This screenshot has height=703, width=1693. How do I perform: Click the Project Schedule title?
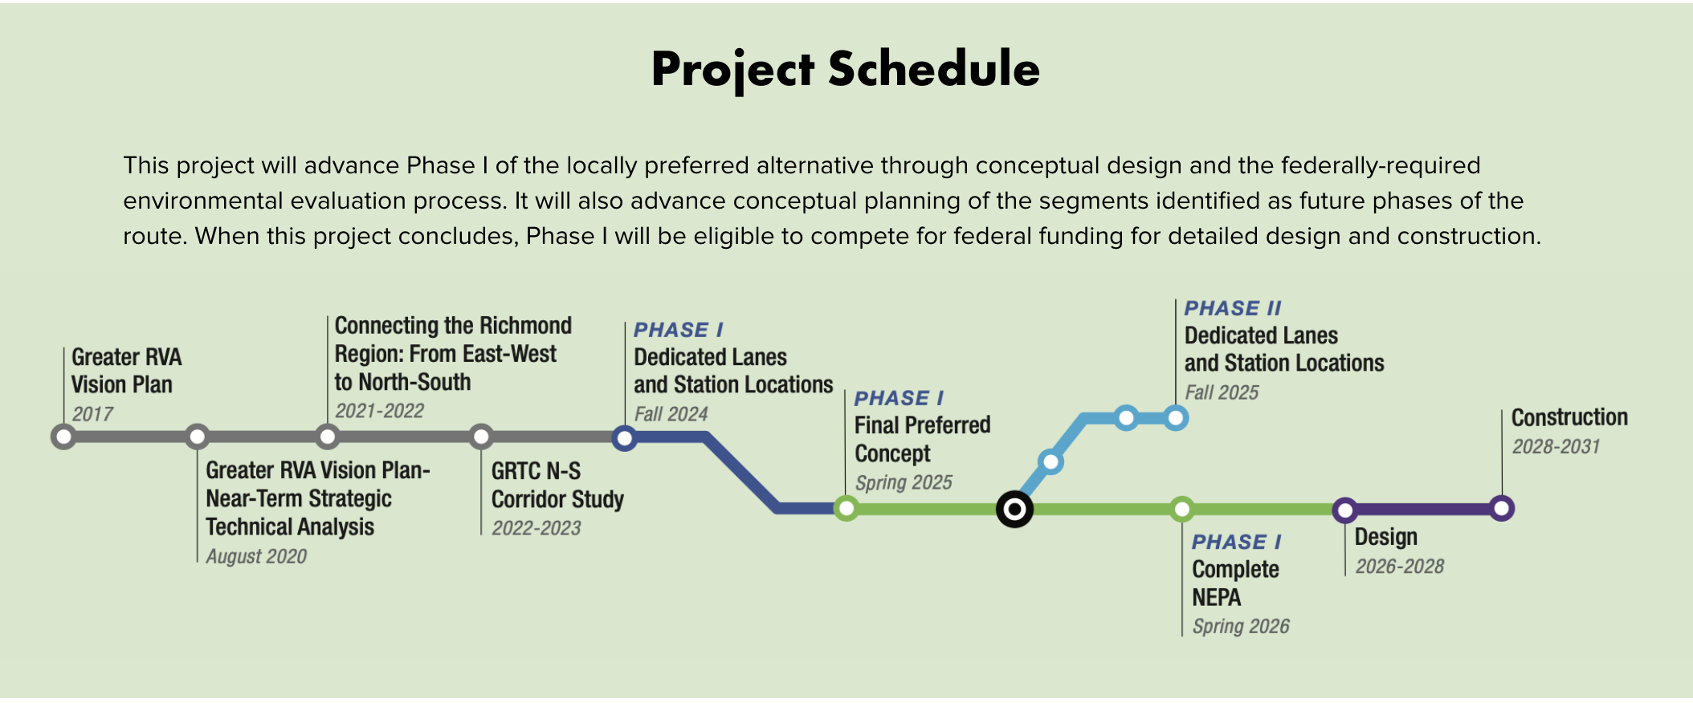point(846,69)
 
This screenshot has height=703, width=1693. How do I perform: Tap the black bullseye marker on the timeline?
point(1014,509)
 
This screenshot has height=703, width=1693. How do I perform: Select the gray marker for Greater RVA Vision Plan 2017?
point(63,437)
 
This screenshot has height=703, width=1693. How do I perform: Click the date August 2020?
point(256,556)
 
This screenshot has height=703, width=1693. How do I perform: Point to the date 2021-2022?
point(379,411)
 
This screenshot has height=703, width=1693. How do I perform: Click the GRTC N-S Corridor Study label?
point(557,485)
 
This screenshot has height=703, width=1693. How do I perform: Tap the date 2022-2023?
point(536,528)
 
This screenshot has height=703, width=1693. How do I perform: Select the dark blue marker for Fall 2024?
point(624,437)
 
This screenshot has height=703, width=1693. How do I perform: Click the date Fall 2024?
point(671,414)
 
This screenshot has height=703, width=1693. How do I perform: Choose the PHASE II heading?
point(1233,308)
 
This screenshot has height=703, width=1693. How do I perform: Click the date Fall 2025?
point(1222,392)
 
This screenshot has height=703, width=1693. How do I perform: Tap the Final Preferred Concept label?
point(922,439)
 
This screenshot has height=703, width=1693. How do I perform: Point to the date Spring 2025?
point(904,482)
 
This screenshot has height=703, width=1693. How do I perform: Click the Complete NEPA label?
point(1235,583)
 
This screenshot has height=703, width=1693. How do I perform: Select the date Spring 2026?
point(1241,626)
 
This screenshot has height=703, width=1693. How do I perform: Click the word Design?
point(1386,537)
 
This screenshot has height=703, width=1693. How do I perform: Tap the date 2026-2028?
point(1400,567)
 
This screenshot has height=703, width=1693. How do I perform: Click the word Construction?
point(1569,417)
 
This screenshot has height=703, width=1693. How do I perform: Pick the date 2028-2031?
point(1556,447)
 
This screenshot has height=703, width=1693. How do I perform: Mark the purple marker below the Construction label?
point(1501,509)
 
